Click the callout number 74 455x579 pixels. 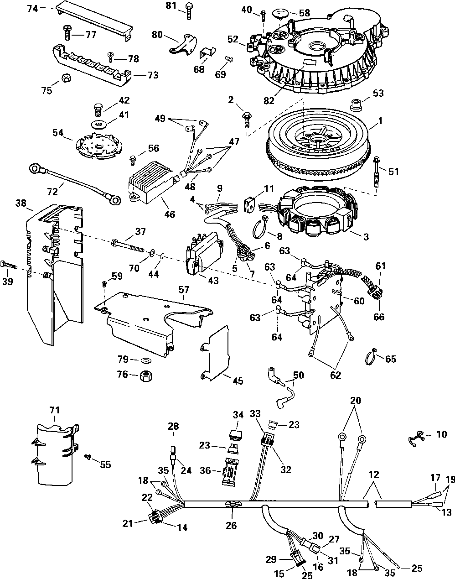pyautogui.click(x=32, y=9)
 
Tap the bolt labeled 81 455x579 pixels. pyautogui.click(x=189, y=11)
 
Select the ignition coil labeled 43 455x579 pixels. pyautogui.click(x=204, y=254)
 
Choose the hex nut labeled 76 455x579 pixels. pyautogui.click(x=146, y=375)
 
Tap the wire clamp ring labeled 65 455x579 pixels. pyautogui.click(x=371, y=356)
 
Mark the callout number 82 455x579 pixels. pyautogui.click(x=269, y=100)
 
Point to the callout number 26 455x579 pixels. pyautogui.click(x=231, y=525)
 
